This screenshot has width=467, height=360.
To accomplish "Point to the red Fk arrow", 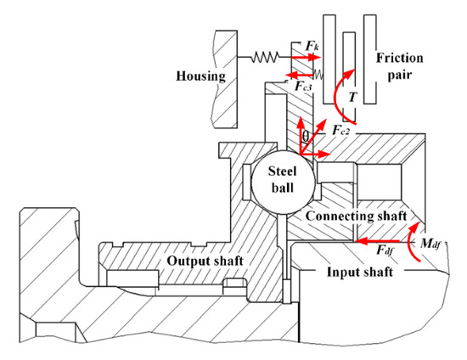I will (x=305, y=57).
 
